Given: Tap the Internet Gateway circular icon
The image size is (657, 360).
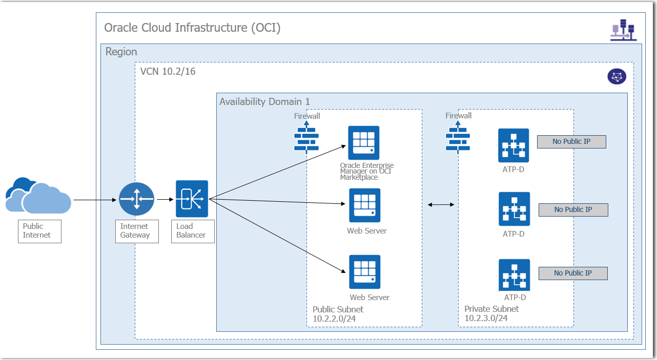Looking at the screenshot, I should [136, 199].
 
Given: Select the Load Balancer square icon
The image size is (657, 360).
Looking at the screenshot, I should [192, 199].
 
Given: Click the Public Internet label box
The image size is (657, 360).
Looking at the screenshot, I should [39, 231].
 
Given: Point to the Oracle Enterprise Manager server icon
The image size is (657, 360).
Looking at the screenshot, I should [364, 142].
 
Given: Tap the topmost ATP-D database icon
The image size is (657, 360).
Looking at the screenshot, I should [514, 145].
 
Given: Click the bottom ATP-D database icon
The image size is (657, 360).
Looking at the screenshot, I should [514, 275].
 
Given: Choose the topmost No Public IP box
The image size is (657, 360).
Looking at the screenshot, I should [571, 142].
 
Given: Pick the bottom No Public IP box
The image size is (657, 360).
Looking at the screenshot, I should [572, 273].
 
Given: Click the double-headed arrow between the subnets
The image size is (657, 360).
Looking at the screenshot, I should [441, 205].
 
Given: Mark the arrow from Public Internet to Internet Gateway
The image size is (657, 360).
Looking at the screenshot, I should [95, 199].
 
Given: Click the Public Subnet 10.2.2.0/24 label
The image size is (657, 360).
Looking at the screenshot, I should [338, 314].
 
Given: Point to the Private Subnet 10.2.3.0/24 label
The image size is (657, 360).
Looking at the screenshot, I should [491, 313].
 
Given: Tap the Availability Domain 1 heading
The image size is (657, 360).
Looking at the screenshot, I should [264, 101].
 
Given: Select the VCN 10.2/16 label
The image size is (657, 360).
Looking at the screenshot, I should [168, 72].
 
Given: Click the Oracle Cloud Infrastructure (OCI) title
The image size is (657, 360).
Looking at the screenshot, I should [192, 28].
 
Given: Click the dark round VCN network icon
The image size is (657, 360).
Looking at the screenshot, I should [617, 77].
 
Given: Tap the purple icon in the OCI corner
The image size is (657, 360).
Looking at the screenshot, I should [623, 30].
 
